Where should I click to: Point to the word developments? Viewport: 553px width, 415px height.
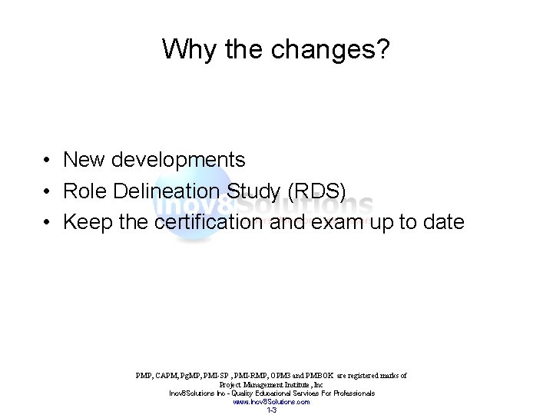179,160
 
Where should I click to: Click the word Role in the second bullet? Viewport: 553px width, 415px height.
86,191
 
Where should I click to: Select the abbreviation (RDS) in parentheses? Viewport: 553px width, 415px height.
323,191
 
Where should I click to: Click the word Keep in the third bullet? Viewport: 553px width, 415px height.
87,223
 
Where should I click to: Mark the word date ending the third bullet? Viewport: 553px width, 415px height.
441,223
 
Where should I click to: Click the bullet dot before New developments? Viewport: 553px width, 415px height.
48,161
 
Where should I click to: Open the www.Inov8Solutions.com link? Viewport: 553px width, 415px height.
271,401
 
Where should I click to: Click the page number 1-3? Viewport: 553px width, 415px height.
271,410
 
